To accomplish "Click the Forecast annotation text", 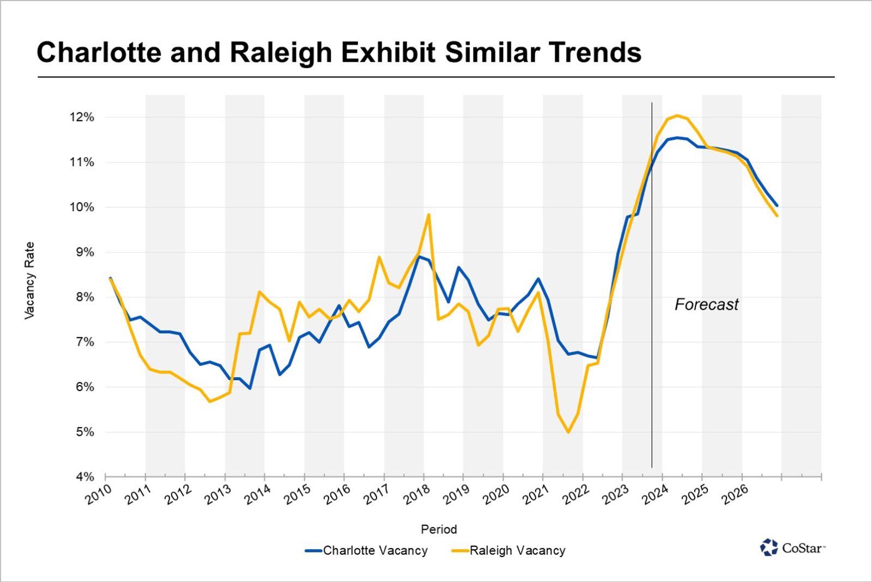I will (706, 304).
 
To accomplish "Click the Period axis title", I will (439, 529).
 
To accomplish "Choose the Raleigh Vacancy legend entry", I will (509, 551).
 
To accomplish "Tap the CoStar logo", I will (793, 547).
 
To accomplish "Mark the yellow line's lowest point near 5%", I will (568, 432).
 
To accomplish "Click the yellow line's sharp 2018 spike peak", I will (428, 215).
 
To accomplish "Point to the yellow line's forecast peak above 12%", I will (677, 115).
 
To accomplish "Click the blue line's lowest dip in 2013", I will (250, 388).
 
